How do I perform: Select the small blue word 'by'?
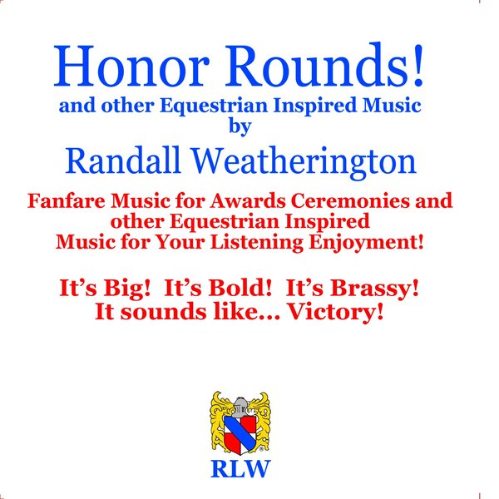click(238, 126)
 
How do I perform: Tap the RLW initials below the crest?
click(240, 470)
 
